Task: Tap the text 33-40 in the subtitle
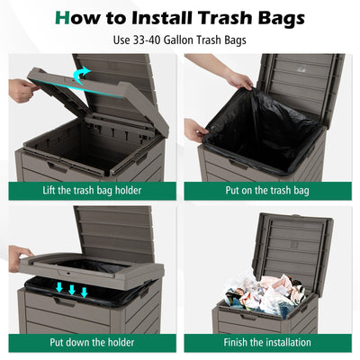click(145, 40)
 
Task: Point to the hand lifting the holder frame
click(22, 89)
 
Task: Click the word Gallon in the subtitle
click(184, 40)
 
